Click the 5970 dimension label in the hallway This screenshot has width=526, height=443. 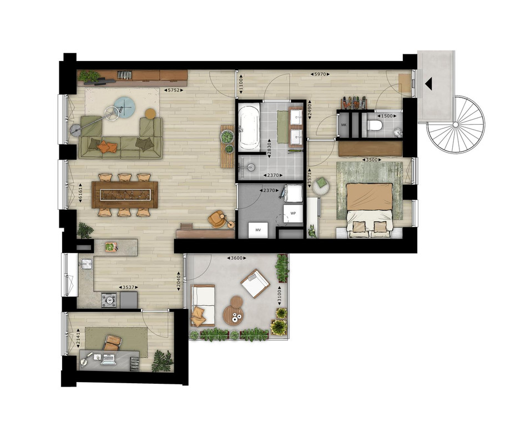pos(320,74)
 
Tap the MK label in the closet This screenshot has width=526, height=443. pos(343,125)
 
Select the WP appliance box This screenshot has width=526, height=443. pos(293,213)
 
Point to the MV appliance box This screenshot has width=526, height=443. pos(259,230)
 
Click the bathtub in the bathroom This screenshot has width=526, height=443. pos(249,126)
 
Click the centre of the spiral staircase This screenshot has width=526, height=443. pos(456,125)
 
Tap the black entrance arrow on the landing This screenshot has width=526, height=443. pos(428,84)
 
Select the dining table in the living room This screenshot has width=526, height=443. pos(125,194)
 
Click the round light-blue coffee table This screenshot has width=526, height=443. pos(125,107)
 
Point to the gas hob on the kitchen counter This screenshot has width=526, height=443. pos(109,300)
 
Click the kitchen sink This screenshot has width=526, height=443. pos(87,265)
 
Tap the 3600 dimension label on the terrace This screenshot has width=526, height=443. pos(236,258)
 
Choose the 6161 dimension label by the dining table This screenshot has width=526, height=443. pos(80,193)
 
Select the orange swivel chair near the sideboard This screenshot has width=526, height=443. pos(216,219)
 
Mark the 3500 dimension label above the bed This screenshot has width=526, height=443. pos(371,159)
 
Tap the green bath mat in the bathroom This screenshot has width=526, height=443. pos(282,126)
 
